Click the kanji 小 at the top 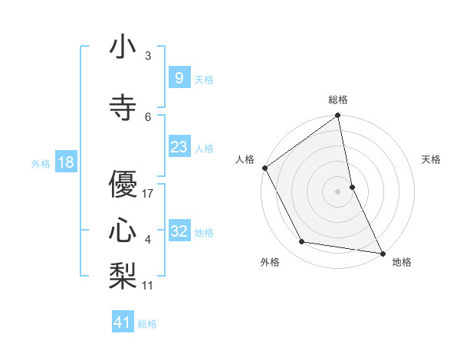click(122, 48)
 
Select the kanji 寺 click(122, 108)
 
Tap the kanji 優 click(122, 185)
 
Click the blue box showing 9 click(179, 78)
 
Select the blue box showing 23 click(179, 147)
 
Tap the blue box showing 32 click(179, 231)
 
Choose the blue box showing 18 click(65, 162)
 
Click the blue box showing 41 click(123, 322)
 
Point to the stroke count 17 click(148, 194)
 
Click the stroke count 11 click(148, 286)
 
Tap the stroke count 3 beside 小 click(148, 56)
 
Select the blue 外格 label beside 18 click(41, 163)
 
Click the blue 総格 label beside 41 click(147, 323)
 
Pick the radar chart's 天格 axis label click(432, 159)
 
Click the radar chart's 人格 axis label click(245, 159)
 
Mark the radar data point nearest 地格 click(382, 252)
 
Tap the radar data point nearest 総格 click(337, 116)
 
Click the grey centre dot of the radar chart click(337, 191)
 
